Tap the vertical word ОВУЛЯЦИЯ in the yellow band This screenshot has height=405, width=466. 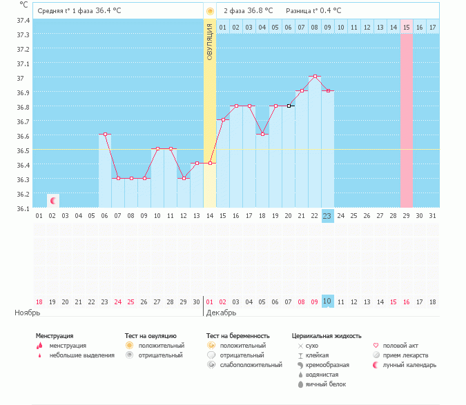pyautogui.click(x=210, y=41)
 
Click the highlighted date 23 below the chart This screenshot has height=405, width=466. pyautogui.click(x=327, y=216)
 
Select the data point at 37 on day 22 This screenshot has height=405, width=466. pyautogui.click(x=314, y=76)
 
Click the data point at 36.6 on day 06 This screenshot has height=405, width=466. pyautogui.click(x=105, y=135)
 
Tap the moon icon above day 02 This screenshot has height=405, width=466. pyautogui.click(x=52, y=200)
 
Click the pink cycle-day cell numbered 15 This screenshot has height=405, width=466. pyautogui.click(x=406, y=27)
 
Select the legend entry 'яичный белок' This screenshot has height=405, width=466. pyautogui.click(x=325, y=384)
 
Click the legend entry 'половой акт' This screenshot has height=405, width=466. pyautogui.click(x=404, y=346)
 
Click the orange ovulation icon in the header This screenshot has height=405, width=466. pyautogui.click(x=210, y=11)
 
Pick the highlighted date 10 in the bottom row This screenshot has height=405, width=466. pyautogui.click(x=327, y=301)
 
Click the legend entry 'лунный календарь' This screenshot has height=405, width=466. pyautogui.click(x=411, y=365)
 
